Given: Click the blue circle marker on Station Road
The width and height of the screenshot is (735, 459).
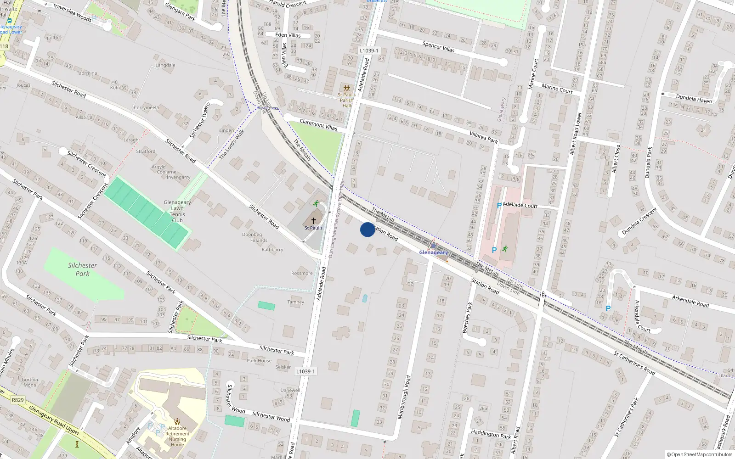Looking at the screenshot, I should (367, 229).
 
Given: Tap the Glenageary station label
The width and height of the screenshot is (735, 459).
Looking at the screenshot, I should (433, 252).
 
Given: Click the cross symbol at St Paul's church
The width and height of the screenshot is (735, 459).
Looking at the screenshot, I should (314, 221).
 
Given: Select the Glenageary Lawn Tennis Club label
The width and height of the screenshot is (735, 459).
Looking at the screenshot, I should (177, 211).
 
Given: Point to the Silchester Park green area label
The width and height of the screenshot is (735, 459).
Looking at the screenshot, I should (82, 269).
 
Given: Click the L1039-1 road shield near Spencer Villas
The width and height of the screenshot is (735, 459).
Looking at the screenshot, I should (369, 51).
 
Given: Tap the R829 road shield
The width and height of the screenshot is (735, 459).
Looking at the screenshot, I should (17, 400).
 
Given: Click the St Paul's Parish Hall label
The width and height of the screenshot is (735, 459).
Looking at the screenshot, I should (346, 100).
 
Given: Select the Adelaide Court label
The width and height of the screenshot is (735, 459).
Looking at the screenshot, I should (520, 205).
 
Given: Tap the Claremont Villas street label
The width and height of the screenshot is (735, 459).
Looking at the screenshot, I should (318, 124).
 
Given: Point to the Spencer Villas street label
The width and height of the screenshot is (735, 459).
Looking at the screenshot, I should (438, 46).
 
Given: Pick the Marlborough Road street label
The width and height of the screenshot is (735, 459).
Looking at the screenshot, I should (404, 397).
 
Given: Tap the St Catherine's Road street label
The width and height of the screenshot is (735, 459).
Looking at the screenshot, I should (634, 363).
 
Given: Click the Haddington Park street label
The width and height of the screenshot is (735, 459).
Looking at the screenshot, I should (491, 434).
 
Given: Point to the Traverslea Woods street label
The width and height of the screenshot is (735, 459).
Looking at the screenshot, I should (72, 13).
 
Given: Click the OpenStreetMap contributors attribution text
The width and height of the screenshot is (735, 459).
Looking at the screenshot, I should (699, 455).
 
